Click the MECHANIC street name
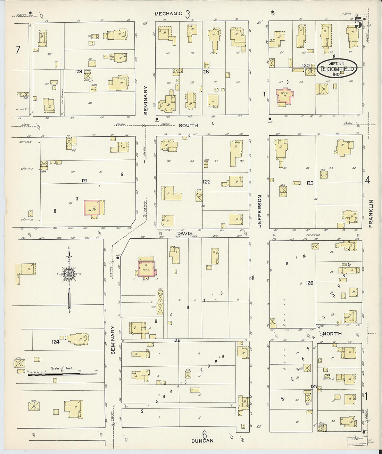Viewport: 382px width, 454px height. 168,14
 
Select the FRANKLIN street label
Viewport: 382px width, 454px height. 371,213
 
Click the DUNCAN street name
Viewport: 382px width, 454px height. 202,441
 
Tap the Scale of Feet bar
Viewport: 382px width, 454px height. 62,374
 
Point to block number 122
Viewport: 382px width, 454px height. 206,182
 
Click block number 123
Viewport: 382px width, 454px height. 309,182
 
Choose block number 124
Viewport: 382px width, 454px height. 56,342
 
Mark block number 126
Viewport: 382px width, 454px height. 310,283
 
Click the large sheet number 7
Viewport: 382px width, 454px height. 17,50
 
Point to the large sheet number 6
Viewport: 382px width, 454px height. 204,434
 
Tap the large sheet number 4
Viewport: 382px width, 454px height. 368,180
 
